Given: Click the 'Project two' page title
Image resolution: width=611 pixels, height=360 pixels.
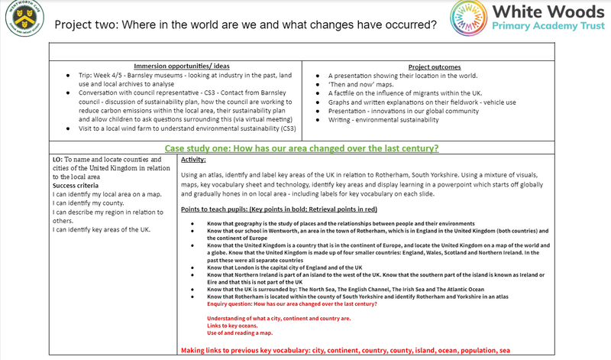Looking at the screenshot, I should pos(245,24).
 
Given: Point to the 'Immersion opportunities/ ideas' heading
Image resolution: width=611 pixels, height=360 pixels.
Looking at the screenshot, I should pos(181,66).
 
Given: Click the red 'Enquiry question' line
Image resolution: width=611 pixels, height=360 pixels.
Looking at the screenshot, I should pos(291,303).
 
